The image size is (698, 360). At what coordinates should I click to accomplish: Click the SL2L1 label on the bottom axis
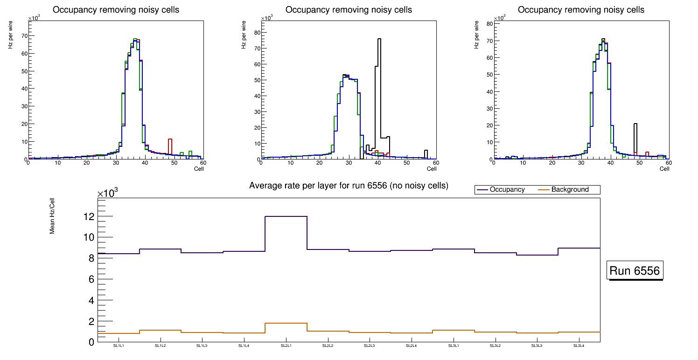pyautogui.click(x=286, y=346)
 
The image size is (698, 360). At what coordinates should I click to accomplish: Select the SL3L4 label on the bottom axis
pyautogui.click(x=579, y=346)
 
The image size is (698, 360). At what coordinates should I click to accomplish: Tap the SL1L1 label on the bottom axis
pyautogui.click(x=119, y=346)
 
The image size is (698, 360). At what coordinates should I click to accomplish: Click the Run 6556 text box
pyautogui.click(x=635, y=271)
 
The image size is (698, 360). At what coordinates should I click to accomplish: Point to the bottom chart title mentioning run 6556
pyautogui.click(x=349, y=186)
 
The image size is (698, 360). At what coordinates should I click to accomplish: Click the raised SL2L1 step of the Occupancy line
pyautogui.click(x=286, y=216)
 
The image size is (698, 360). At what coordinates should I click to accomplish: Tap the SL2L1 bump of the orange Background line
pyautogui.click(x=286, y=323)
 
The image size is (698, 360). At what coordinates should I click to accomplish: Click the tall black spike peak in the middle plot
pyautogui.click(x=379, y=39)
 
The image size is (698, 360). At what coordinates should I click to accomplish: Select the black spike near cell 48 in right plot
pyautogui.click(x=635, y=124)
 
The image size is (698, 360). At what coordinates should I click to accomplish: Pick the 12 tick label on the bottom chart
pyautogui.click(x=87, y=217)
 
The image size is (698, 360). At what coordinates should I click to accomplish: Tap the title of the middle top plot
pyautogui.click(x=349, y=10)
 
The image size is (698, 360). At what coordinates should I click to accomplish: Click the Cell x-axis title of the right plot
pyautogui.click(x=664, y=169)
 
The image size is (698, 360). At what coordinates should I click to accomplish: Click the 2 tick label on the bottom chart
pyautogui.click(x=91, y=322)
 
